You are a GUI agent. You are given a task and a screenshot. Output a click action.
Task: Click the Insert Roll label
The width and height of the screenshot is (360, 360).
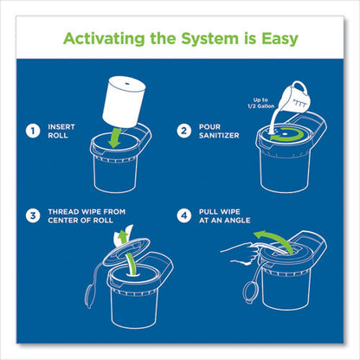(61, 133)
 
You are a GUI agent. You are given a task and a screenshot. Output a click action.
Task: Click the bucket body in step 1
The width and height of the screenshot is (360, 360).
(117, 169)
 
